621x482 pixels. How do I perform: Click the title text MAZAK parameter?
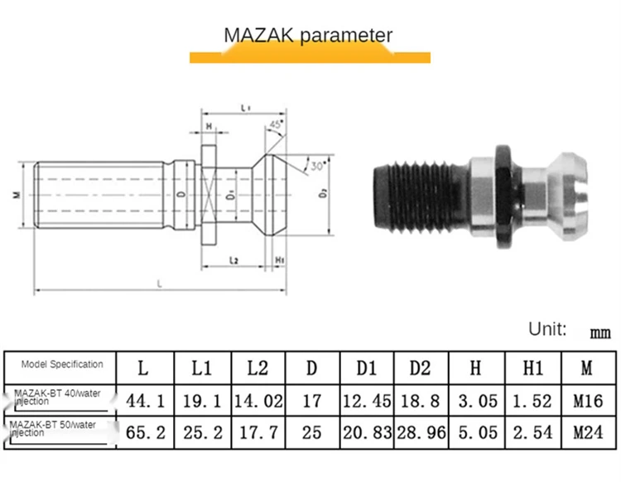point(308,36)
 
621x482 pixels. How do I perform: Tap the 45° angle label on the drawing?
point(275,126)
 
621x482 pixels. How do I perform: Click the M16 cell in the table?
point(588,401)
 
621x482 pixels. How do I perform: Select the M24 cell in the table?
point(588,431)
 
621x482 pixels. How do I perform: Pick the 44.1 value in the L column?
point(146,401)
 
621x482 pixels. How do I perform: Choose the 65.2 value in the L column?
point(146,431)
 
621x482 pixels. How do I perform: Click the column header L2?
point(257,365)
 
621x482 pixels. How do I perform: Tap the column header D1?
point(366,365)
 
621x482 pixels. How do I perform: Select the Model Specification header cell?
point(63,364)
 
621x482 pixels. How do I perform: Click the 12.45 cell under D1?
point(366,401)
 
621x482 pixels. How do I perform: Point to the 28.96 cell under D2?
point(421,431)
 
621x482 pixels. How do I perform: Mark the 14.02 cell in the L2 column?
point(257,401)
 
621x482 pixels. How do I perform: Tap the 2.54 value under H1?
point(532,431)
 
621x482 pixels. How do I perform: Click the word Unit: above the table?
point(547,329)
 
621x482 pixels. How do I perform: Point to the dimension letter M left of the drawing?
point(16,195)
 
